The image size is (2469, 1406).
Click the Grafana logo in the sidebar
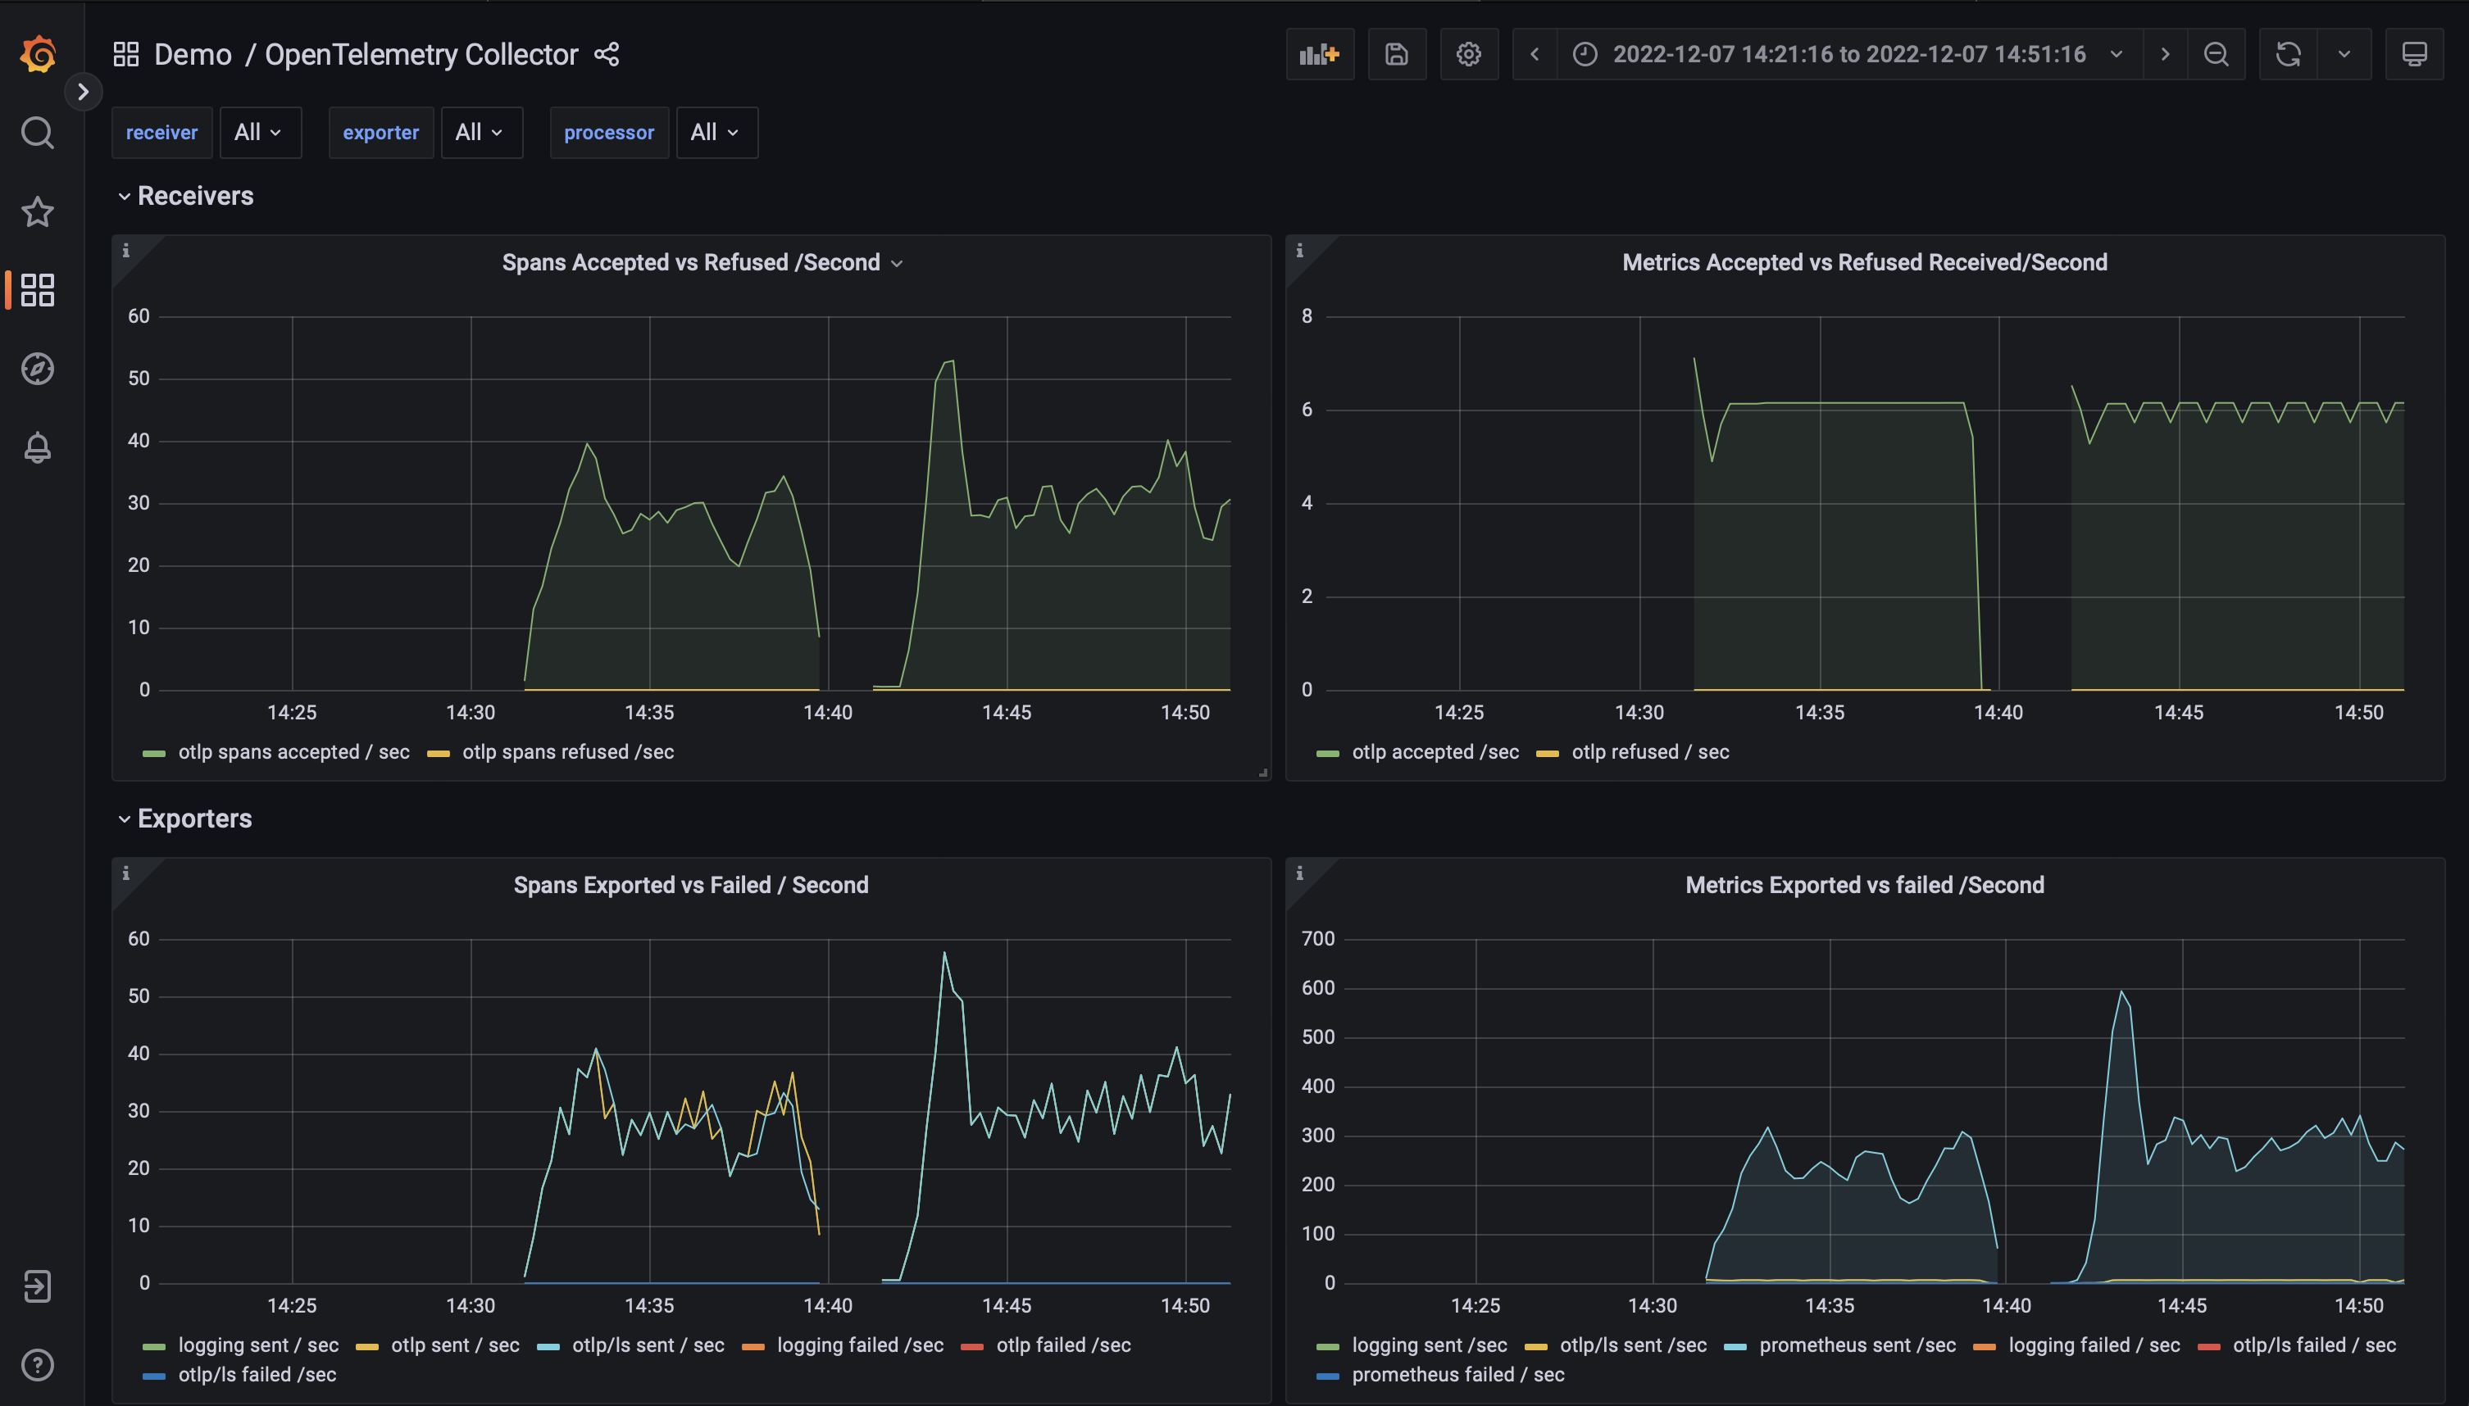coord(38,54)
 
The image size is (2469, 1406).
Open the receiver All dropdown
coord(259,132)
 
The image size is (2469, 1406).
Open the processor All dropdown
coord(716,132)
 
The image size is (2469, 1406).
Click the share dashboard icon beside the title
coord(607,54)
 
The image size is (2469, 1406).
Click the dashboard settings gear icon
coord(1468,54)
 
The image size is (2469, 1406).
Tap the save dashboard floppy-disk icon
coord(1396,54)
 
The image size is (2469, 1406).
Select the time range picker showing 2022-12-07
coord(1848,54)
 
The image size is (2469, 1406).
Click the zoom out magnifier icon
coord(2216,54)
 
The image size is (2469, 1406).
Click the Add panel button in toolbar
coord(1319,54)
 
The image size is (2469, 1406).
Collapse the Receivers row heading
coord(194,196)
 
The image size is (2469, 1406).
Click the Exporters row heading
coord(194,819)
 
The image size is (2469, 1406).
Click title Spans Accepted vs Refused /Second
coord(691,263)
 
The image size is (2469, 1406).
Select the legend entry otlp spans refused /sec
coord(567,752)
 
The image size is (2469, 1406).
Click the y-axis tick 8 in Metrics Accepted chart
coord(1307,315)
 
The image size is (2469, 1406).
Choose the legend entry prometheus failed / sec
coord(1457,1374)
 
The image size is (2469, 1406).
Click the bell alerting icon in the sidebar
coord(38,447)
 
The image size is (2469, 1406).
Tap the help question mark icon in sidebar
coord(38,1364)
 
